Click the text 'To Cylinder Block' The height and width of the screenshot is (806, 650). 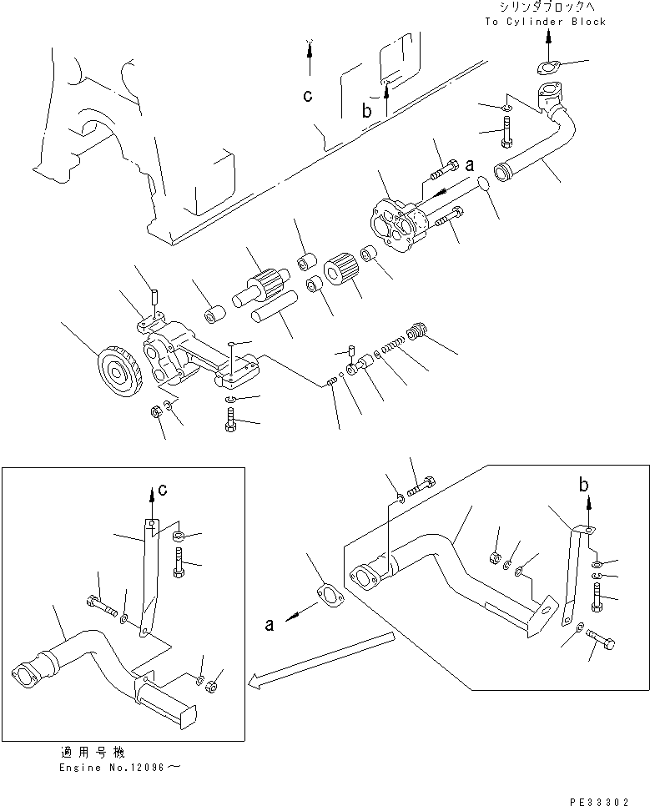pyautogui.click(x=547, y=21)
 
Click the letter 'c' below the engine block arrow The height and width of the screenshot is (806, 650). pyautogui.click(x=308, y=97)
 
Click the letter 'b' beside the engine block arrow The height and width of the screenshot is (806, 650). pyautogui.click(x=366, y=110)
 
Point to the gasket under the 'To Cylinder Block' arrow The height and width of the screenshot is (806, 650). pyautogui.click(x=547, y=68)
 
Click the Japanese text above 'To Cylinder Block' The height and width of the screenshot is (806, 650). pyautogui.click(x=547, y=7)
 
